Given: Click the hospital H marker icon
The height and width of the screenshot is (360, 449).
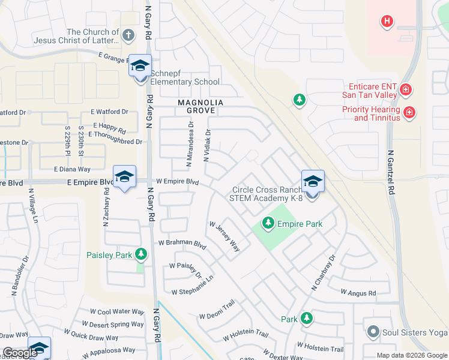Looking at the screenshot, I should pos(387,22).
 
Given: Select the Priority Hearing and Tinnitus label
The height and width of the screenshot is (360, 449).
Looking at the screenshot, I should pos(371,113).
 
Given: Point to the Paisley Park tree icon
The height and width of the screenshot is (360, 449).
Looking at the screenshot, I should pos(141,254).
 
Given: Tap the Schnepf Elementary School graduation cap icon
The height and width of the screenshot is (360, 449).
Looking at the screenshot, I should pos(140,66).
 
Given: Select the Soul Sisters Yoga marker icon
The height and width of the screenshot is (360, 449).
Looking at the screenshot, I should pos(372,332).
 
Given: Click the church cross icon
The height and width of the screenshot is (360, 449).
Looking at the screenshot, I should pos(128,35).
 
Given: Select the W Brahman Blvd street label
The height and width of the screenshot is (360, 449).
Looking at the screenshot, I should pos(182,243).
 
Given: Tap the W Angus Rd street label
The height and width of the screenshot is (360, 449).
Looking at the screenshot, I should pos(358,293).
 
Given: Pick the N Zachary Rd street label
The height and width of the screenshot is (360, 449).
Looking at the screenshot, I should pos(106,207).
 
